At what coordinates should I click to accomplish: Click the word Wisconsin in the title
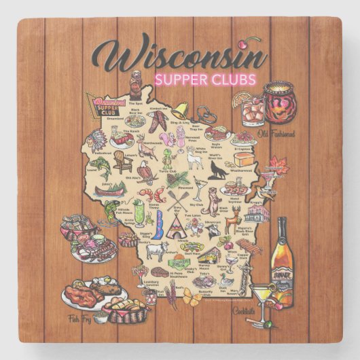(183, 54)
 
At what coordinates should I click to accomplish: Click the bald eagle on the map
(145, 170)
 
